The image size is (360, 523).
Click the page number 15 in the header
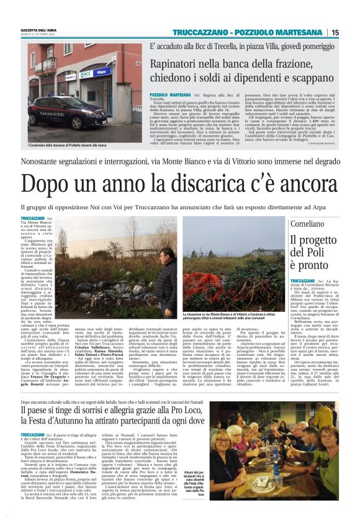point(335,32)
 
